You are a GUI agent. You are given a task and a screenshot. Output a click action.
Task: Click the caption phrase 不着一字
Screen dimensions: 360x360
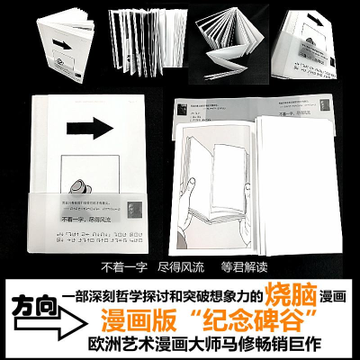pyautogui.click(x=125, y=267)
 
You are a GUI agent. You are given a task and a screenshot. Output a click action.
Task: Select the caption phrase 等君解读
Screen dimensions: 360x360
pyautogui.click(x=236, y=267)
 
